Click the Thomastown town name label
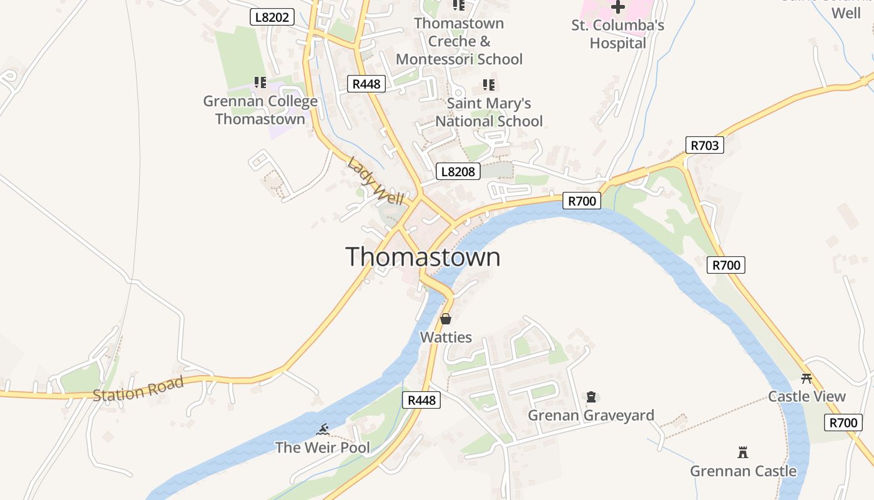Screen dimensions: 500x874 click(x=423, y=257)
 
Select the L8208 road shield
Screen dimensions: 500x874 click(x=458, y=171)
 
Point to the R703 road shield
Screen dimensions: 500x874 click(x=704, y=146)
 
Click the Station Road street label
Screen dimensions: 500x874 click(x=138, y=388)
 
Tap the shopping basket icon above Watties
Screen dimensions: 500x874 click(x=446, y=319)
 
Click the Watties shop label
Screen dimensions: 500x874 click(x=446, y=337)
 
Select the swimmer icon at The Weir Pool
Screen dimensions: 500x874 click(x=323, y=429)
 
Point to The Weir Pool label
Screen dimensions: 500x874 click(x=323, y=447)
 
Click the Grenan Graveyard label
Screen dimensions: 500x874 click(x=591, y=416)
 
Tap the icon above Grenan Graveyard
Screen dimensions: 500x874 click(x=591, y=397)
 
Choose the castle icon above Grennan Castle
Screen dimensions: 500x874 click(x=743, y=452)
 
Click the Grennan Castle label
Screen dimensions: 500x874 click(x=743, y=471)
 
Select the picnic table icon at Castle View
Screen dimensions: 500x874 click(x=807, y=378)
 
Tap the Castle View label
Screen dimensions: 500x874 click(x=807, y=396)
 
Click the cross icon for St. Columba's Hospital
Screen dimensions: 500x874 click(x=618, y=7)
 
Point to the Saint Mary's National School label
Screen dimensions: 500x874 click(x=489, y=112)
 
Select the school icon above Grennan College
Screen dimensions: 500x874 click(x=260, y=82)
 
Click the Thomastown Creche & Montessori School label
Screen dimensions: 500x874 click(x=459, y=41)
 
